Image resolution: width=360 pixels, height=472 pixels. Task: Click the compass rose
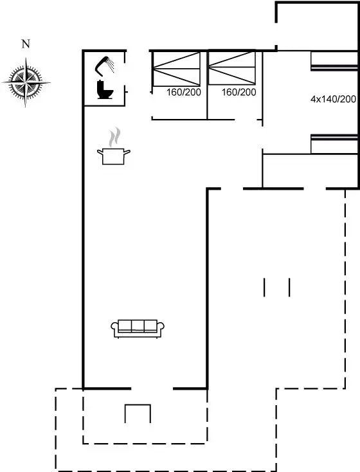point(26,82)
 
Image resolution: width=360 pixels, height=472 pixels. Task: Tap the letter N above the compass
point(26,44)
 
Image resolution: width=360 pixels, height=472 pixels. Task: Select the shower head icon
point(104,64)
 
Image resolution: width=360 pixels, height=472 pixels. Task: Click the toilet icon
point(105,89)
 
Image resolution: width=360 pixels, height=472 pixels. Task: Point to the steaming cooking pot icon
point(114,147)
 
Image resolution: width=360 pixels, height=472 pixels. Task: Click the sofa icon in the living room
point(138,329)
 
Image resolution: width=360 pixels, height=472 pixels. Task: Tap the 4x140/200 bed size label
point(333,99)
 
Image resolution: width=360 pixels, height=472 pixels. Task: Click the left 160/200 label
point(184,92)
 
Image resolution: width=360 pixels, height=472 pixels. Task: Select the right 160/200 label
point(239,92)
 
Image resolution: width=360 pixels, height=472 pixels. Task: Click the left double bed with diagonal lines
point(176,69)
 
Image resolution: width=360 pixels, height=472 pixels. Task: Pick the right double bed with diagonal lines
point(232,68)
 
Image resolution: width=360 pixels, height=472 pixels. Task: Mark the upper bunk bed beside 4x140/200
point(334,61)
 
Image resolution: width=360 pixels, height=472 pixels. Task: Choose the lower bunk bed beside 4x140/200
point(334,144)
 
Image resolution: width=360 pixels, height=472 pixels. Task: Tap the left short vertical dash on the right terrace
point(264,287)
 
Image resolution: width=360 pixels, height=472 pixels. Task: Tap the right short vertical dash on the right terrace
point(289,287)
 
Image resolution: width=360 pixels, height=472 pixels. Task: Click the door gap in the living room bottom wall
point(152,388)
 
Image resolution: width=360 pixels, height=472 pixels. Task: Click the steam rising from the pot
point(114,137)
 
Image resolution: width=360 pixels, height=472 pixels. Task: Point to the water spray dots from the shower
point(111,66)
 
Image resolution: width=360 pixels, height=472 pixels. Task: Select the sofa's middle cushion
point(138,325)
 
